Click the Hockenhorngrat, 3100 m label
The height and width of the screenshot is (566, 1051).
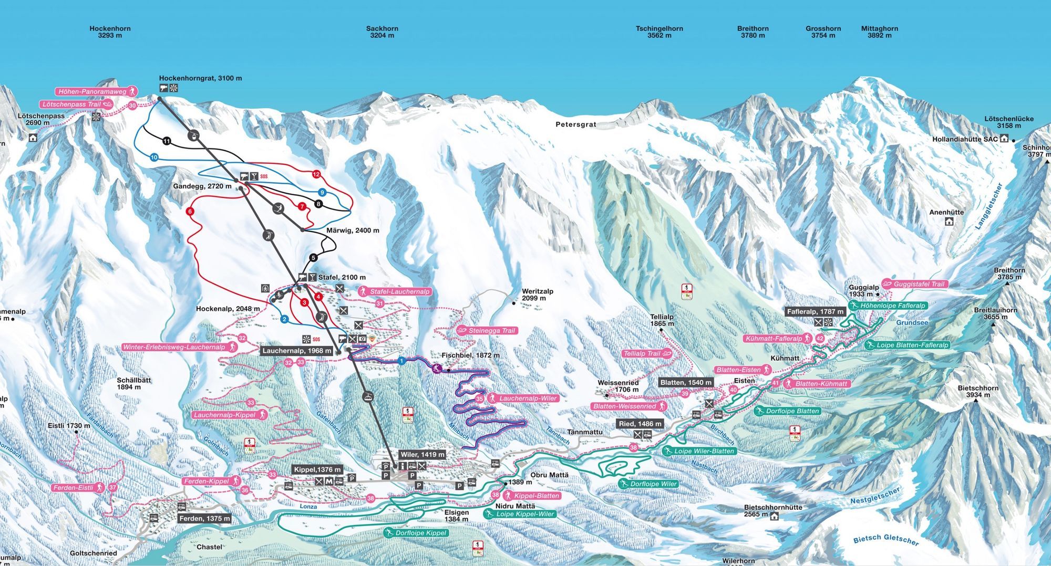click(x=200, y=78)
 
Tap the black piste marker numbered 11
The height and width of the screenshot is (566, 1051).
click(x=167, y=141)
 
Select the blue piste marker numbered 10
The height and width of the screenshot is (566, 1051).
click(x=154, y=157)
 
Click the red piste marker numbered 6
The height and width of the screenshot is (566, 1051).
click(x=190, y=212)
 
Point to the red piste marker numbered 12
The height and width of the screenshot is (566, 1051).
click(x=316, y=174)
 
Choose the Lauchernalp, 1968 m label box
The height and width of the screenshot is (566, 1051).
click(x=297, y=351)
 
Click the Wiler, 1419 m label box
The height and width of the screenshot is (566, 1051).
click(x=422, y=454)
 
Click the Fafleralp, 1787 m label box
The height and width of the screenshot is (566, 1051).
click(x=815, y=312)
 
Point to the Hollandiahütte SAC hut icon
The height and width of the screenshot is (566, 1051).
click(x=1004, y=139)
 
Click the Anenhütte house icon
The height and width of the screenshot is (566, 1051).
click(x=949, y=222)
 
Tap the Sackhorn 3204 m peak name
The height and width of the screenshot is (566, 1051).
click(x=382, y=32)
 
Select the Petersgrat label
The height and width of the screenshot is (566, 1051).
click(x=576, y=125)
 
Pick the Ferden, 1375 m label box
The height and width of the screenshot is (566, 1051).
click(x=204, y=518)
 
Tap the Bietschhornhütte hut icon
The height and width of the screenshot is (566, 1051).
click(x=774, y=516)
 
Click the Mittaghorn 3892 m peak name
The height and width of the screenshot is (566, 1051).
click(x=879, y=32)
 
